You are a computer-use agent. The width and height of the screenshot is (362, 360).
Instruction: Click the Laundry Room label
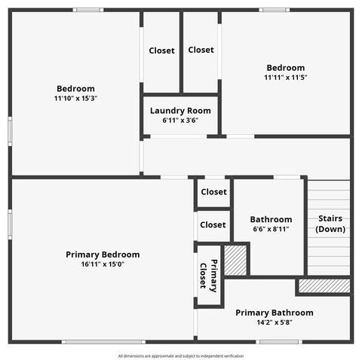coord(180,111)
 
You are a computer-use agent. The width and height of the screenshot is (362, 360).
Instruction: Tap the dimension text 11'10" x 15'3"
coord(75,98)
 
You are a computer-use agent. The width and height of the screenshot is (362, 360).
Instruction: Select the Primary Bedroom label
coord(103,255)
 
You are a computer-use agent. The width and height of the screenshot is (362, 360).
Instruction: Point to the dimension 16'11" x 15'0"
coord(103,264)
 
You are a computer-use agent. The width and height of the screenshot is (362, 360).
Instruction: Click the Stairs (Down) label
coord(330,224)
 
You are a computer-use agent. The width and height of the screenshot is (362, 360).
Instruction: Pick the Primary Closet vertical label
coord(208,276)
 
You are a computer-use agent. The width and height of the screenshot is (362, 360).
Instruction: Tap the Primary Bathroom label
coord(275,313)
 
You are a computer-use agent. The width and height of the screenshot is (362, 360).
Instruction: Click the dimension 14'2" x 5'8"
coord(275,322)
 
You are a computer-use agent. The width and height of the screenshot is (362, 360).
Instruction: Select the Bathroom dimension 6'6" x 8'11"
coord(271,229)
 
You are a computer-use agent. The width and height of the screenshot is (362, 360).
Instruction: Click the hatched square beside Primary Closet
coord(236,260)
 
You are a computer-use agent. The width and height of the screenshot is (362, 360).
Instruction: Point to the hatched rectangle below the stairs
coord(324,286)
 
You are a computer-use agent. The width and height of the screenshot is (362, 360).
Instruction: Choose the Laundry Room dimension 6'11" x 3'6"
coord(180,121)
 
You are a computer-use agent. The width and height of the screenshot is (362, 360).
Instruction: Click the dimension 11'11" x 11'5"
coord(284,78)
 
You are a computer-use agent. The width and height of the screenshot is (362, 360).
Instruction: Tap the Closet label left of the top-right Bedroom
coord(201,50)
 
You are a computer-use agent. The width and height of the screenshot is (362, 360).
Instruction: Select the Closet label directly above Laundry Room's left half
coord(161,50)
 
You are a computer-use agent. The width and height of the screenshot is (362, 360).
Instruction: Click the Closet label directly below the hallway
coord(213,192)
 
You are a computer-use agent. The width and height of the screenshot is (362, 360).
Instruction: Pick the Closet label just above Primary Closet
coord(213,224)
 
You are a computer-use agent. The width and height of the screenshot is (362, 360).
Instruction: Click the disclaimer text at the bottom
coord(180,355)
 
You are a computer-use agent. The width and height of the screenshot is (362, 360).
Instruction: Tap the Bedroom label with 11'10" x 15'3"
coord(75,88)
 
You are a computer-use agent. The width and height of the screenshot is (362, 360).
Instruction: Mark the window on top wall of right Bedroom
coord(275,10)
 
